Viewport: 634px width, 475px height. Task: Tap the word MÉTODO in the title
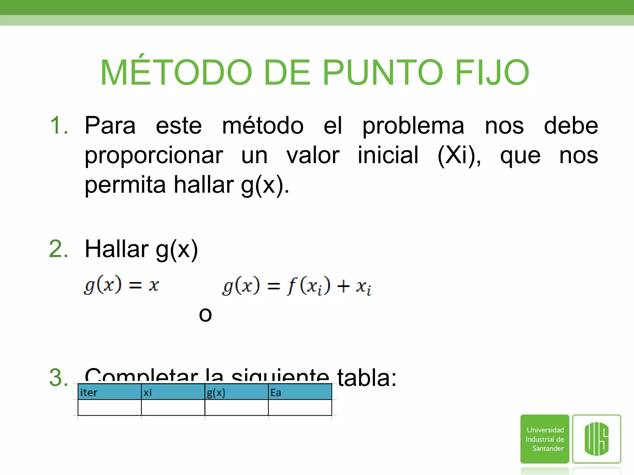(x=176, y=73)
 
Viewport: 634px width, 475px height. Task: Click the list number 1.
(x=59, y=126)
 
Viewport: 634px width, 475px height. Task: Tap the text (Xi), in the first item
(x=459, y=155)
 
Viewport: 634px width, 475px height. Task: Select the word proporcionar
(x=154, y=155)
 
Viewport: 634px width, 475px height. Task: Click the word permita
(x=125, y=185)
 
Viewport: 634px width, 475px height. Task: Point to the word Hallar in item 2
(x=117, y=249)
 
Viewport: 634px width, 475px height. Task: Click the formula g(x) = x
(x=121, y=285)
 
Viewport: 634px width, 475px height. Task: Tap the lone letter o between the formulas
(x=205, y=315)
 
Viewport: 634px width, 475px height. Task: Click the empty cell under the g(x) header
(x=236, y=408)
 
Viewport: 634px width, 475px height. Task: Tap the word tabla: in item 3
(x=367, y=378)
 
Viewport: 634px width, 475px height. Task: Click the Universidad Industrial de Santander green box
(x=545, y=439)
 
